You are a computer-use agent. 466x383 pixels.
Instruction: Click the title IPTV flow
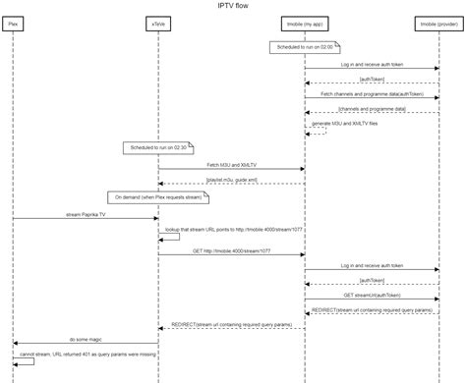(233, 6)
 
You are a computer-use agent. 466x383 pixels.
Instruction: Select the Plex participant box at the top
(13, 22)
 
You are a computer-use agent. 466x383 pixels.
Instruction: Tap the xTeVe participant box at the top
(159, 22)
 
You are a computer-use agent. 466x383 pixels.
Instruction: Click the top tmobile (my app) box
(304, 22)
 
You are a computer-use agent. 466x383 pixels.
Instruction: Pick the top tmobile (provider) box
(437, 22)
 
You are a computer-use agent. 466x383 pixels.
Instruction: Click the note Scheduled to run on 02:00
(304, 46)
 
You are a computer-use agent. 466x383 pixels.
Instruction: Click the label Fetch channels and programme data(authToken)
(371, 94)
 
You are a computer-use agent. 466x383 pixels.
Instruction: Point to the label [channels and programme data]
(371, 108)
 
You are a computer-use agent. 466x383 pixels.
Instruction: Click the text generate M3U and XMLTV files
(344, 123)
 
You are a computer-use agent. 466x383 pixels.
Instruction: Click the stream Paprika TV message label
(86, 213)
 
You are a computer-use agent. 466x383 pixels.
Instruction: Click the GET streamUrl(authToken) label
(371, 294)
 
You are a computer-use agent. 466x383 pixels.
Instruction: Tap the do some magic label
(86, 339)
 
